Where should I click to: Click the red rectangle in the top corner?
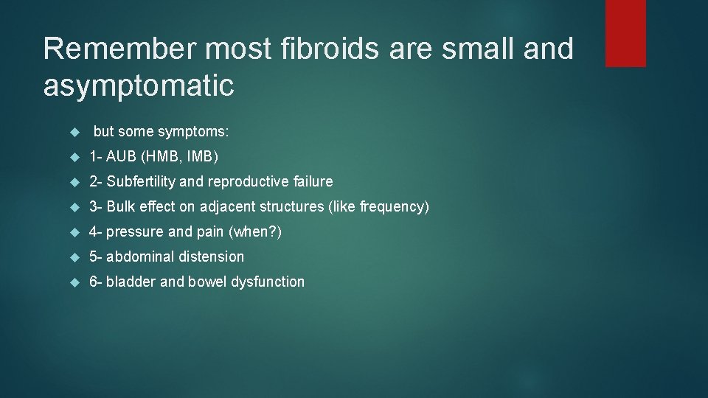625,33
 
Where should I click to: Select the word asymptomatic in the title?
139,86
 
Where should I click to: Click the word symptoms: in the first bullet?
193,132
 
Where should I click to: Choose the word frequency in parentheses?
391,207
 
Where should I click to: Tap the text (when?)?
255,232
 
